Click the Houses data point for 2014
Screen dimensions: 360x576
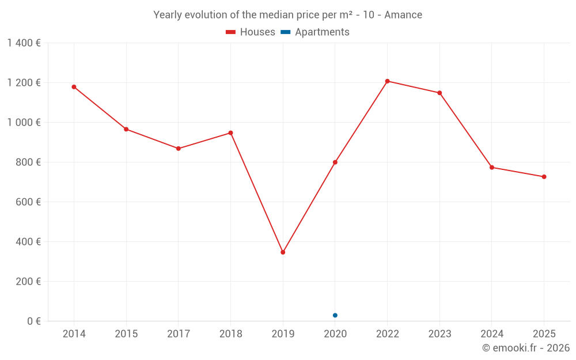point(74,87)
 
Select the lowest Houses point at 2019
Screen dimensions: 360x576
point(283,252)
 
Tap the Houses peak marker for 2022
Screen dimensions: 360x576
point(387,81)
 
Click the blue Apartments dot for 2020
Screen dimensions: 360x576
point(335,315)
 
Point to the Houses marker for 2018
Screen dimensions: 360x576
point(230,133)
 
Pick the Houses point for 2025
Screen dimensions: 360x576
point(544,177)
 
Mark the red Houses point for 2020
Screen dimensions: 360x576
point(335,162)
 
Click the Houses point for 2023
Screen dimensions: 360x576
point(439,93)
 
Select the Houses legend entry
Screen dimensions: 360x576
point(251,32)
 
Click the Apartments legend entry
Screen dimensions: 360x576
point(315,32)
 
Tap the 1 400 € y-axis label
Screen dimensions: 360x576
point(24,43)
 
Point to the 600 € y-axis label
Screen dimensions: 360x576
point(27,202)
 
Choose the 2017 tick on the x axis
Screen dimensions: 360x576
point(178,334)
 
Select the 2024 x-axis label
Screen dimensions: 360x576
point(491,334)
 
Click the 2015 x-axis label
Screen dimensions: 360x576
point(126,334)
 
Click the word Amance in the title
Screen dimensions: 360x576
point(403,15)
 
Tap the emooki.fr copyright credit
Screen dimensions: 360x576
point(526,348)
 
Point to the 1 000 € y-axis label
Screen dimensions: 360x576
point(24,123)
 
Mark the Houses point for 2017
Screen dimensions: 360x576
point(179,149)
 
